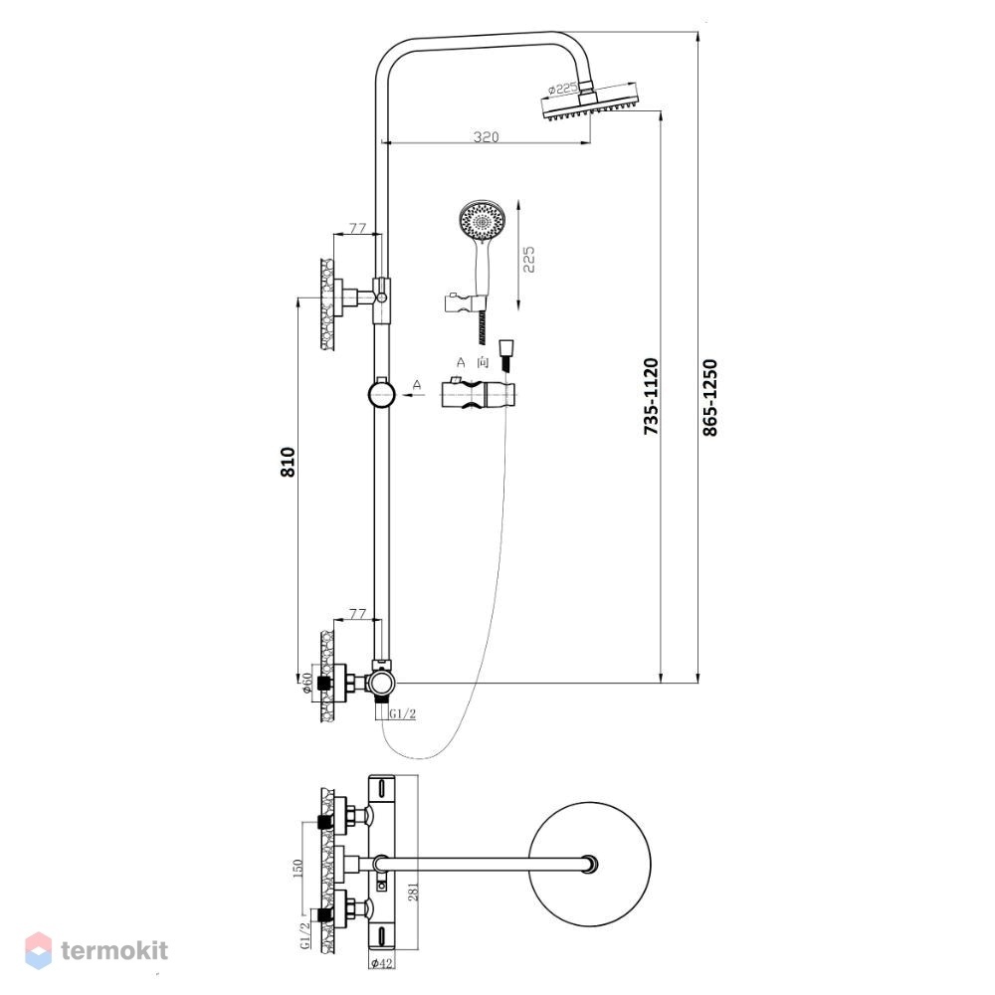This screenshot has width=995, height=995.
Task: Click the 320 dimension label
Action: click(487, 136)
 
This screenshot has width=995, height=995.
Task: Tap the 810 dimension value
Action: click(289, 462)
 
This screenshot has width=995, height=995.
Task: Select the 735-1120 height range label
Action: click(651, 397)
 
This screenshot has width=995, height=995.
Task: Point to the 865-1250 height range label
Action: click(710, 398)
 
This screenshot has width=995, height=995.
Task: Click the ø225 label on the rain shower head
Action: click(562, 89)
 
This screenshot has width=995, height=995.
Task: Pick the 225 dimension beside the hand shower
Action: click(528, 260)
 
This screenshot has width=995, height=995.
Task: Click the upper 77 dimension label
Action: click(358, 227)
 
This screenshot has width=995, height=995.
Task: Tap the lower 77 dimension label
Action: click(358, 614)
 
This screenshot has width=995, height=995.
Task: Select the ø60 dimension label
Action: click(307, 684)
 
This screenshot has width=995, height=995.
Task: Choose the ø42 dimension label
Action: click(381, 963)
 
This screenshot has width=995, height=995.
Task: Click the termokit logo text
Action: click(114, 950)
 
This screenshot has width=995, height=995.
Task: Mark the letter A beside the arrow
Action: click(417, 384)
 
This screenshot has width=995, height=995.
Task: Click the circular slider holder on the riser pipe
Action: click(381, 394)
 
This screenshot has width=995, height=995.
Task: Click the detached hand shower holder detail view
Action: click(480, 393)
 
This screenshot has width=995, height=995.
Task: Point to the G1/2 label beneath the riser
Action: click(402, 713)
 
